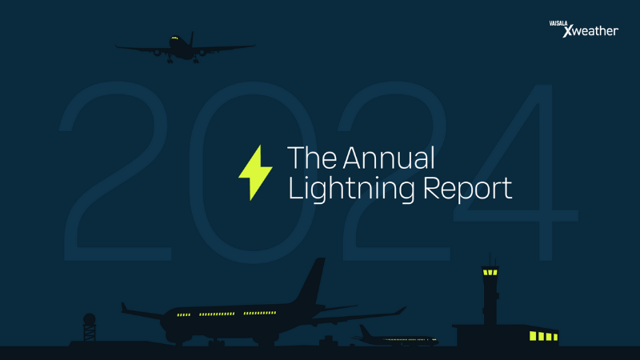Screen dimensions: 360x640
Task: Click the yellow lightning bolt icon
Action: pos(255,173)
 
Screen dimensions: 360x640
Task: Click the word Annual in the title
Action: pos(390,158)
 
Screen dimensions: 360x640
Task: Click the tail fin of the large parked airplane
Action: pos(311,282)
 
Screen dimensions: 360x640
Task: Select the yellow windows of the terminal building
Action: pos(542,335)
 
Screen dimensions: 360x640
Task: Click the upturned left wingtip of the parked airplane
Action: pos(124,307)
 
